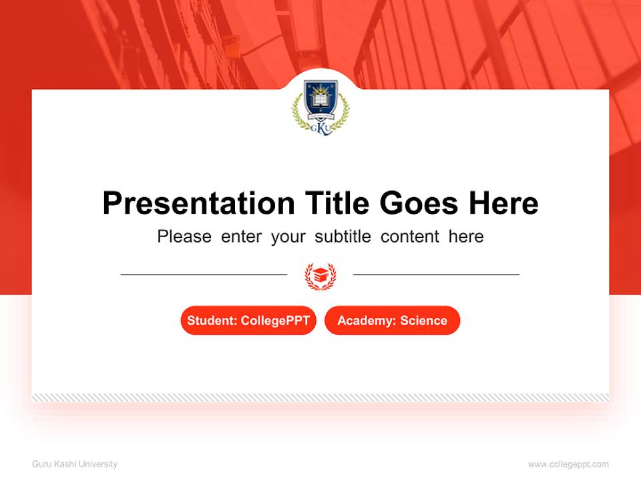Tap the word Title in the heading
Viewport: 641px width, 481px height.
pos(338,203)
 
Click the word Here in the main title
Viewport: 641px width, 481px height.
pos(503,203)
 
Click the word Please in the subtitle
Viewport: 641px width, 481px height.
pos(184,236)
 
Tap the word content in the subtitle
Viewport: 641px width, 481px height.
pos(410,236)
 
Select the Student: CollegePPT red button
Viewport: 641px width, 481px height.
pos(248,321)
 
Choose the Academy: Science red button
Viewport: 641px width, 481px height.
pos(392,321)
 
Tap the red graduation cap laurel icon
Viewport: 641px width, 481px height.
pos(320,275)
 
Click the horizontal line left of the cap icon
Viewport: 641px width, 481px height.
pos(204,275)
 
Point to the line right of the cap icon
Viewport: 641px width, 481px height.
pos(436,275)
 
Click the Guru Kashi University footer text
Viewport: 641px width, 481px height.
pos(75,464)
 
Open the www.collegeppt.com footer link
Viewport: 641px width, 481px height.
pos(568,464)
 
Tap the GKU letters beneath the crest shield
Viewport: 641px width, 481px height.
pos(321,127)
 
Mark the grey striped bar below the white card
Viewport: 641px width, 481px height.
pos(320,397)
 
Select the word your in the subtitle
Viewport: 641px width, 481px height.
pos(288,236)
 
